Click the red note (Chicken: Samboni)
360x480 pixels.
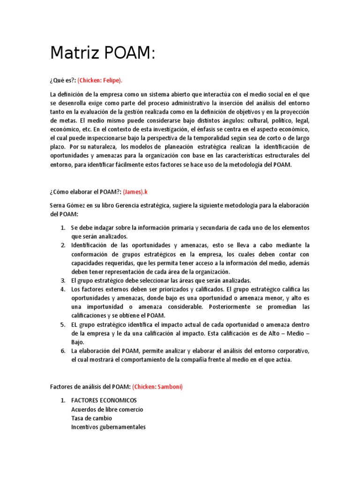point(157,387)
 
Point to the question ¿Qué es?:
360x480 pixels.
point(63,80)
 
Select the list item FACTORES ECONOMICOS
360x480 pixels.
point(104,400)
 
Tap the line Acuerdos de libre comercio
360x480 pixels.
point(107,409)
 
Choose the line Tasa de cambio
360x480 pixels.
point(91,418)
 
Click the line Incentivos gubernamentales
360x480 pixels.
point(108,427)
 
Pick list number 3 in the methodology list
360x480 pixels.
point(63,280)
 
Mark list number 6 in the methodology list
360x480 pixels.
point(63,351)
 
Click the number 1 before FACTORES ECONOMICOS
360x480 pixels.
point(63,400)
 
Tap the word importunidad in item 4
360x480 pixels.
point(100,307)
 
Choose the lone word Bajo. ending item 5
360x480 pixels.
point(78,342)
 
